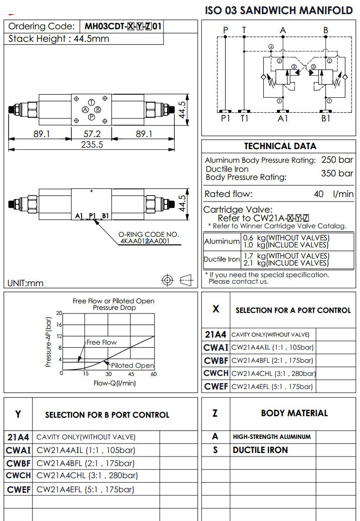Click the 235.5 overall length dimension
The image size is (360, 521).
(92, 145)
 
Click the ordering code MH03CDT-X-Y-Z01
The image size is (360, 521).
(123, 27)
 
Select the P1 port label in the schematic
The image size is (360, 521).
(225, 118)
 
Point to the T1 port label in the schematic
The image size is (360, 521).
(244, 118)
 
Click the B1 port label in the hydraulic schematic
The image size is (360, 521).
(326, 118)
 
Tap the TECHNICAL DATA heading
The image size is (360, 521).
(280, 146)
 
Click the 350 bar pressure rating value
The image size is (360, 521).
(337, 173)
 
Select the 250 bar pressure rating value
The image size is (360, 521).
(337, 160)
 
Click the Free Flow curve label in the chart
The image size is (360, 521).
(101, 343)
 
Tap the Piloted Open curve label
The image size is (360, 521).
(132, 365)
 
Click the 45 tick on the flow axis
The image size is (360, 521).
(131, 374)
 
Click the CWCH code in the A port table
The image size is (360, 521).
(216, 373)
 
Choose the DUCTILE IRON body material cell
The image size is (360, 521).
(260, 450)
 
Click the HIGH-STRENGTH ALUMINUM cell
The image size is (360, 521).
(271, 437)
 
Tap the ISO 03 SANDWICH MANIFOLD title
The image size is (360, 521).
(279, 10)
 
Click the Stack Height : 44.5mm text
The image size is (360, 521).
(59, 39)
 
